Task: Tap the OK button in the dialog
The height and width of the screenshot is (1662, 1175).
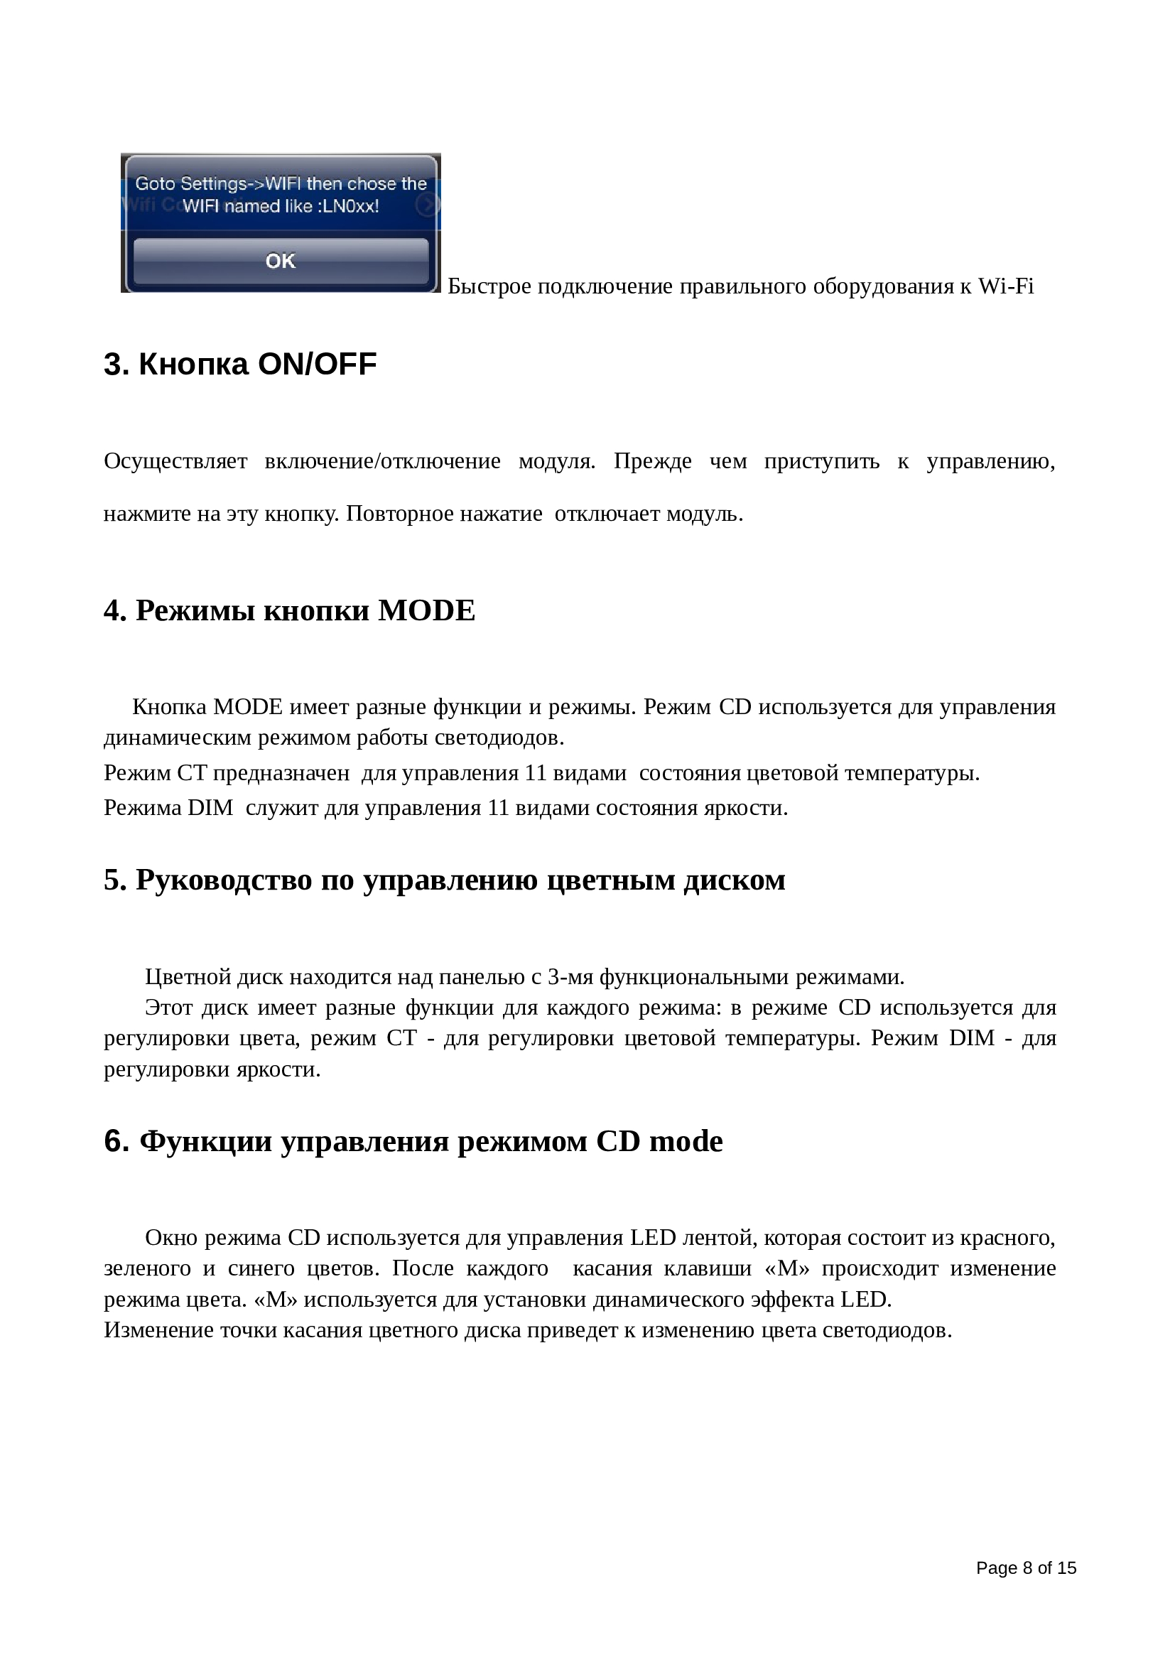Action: coord(281,261)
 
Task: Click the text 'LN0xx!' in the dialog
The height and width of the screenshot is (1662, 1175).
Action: coord(351,206)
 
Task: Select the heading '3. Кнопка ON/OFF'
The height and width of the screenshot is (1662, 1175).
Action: coord(240,364)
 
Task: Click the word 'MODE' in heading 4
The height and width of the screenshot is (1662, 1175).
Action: coord(427,611)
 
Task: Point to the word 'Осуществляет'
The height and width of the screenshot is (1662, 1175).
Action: coord(175,461)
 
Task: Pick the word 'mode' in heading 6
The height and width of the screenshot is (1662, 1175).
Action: coord(686,1142)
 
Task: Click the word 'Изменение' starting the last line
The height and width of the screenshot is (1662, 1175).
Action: coord(151,1330)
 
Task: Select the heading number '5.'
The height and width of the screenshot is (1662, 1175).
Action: coord(116,880)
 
